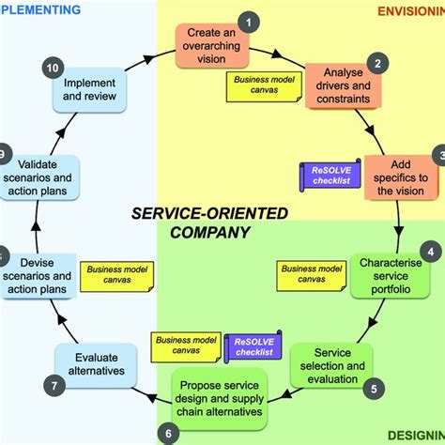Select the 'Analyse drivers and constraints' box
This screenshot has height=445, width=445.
[x=347, y=87]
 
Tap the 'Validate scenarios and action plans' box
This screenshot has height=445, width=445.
[x=43, y=175]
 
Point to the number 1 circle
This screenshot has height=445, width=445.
[x=249, y=22]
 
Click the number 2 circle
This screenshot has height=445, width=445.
[x=378, y=64]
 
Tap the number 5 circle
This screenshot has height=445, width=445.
[x=374, y=387]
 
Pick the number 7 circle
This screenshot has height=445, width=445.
[x=55, y=384]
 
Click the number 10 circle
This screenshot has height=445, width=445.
[x=54, y=67]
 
